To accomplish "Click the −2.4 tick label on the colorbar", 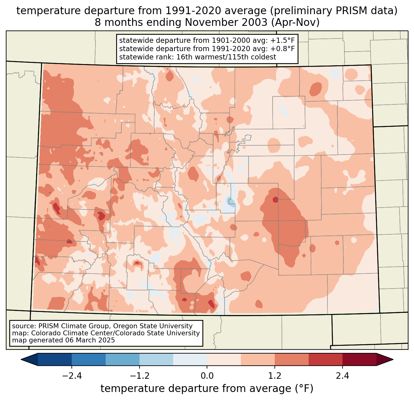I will [72, 376].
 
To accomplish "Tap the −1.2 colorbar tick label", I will [139, 376].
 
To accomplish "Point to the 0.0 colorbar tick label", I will [207, 376].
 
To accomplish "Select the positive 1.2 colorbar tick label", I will [275, 376].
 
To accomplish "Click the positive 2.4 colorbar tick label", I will [342, 376].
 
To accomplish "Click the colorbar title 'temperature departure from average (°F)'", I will [207, 389].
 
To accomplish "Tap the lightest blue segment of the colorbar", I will [190, 359].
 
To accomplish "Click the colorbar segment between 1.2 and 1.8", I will [292, 359].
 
